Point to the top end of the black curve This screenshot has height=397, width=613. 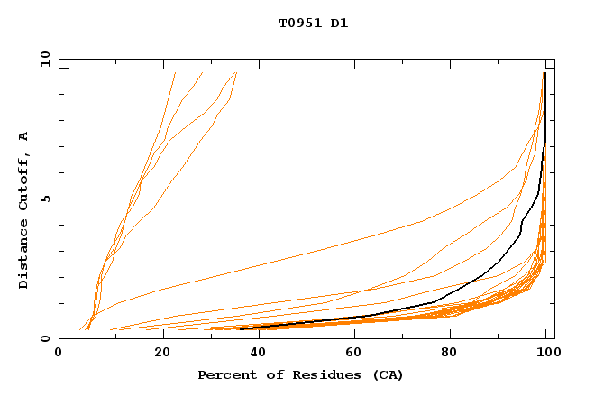point(544,73)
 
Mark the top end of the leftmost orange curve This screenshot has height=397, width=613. point(175,73)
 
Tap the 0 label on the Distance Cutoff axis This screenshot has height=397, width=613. point(44,339)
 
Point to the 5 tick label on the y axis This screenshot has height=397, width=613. point(44,198)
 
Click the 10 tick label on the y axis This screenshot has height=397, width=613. point(41,58)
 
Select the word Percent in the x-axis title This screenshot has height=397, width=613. point(224,374)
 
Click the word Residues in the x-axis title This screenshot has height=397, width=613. point(316,374)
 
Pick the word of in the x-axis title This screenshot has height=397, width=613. point(270,374)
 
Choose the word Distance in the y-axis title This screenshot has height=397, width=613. point(23,254)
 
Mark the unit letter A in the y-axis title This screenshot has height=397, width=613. point(23,136)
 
